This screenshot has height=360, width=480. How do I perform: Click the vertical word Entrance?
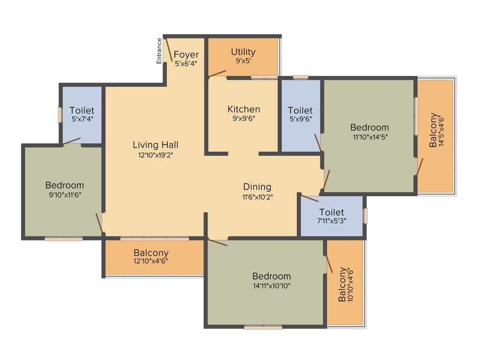pyautogui.click(x=159, y=51)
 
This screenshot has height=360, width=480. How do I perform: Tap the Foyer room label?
pyautogui.click(x=186, y=55)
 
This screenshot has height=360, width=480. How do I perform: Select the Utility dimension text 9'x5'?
pyautogui.click(x=244, y=60)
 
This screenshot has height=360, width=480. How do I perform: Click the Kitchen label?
pyautogui.click(x=244, y=109)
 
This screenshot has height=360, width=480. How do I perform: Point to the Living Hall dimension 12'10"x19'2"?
pyautogui.click(x=155, y=154)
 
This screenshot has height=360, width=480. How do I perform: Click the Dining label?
pyautogui.click(x=257, y=187)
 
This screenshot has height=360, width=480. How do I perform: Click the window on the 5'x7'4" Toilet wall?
pyautogui.click(x=60, y=115)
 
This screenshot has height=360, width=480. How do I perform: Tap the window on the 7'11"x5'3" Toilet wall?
pyautogui.click(x=365, y=216)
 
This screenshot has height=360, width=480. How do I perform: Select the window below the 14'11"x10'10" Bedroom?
pyautogui.click(x=263, y=327)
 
